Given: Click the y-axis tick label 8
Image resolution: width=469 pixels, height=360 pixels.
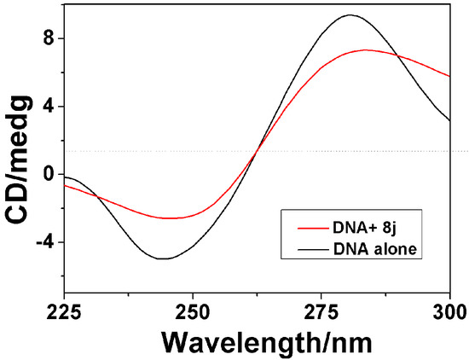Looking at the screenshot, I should (49, 38).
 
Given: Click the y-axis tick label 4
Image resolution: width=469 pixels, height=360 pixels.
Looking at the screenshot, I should (49, 107).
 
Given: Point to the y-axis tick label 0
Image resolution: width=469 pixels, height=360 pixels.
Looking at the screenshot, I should (49, 175).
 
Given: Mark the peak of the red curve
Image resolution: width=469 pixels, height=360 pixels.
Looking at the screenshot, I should (365, 49).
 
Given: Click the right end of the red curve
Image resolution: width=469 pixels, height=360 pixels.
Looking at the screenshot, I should (450, 76).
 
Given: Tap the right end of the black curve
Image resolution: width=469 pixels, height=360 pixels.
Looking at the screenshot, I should (450, 120).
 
